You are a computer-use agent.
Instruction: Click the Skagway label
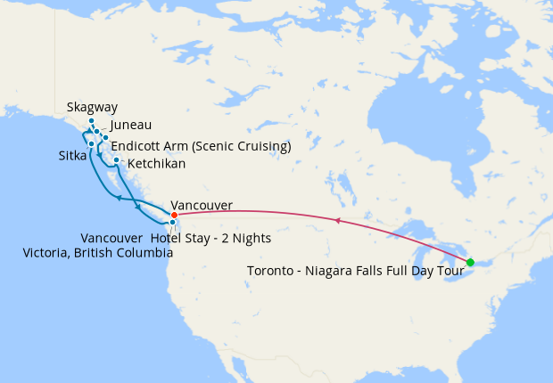(x=92, y=108)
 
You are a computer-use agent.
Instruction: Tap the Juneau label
(x=131, y=126)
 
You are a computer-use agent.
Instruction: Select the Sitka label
(x=72, y=156)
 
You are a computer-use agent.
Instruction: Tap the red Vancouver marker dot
(x=174, y=215)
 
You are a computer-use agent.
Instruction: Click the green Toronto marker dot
(x=470, y=262)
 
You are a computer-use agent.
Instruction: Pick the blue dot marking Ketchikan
(x=117, y=160)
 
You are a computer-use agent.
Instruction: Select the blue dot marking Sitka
(x=91, y=143)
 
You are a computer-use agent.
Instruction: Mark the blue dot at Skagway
(x=91, y=121)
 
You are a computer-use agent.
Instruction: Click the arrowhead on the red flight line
(x=337, y=219)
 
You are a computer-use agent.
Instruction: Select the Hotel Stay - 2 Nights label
(x=210, y=239)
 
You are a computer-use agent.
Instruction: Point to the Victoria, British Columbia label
(x=98, y=253)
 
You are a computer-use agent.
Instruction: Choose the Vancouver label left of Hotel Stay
(x=111, y=239)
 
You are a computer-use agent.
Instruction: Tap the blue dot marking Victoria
(x=172, y=222)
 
